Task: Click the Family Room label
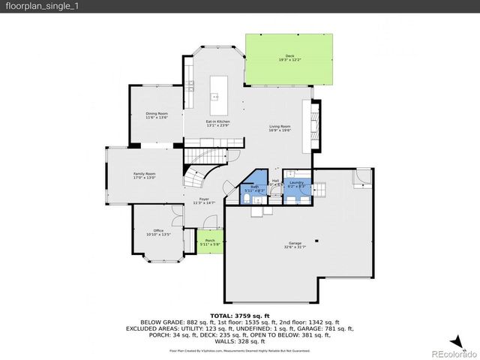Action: click(144, 175)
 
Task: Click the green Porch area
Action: click(209, 242)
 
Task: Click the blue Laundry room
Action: click(295, 185)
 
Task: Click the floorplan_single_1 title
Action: click(36, 6)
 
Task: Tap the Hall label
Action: click(275, 181)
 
